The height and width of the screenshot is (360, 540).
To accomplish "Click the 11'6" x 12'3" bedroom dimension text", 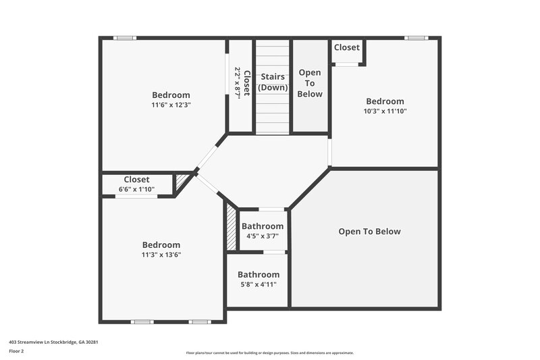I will (171, 105).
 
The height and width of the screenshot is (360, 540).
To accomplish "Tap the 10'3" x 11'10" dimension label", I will (385, 111).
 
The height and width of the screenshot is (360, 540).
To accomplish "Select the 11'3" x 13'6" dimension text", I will (161, 255).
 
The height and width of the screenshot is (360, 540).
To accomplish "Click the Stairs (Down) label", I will (272, 82).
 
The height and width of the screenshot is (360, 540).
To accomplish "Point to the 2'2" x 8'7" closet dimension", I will (238, 83).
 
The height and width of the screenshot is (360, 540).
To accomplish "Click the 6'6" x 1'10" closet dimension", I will (136, 189).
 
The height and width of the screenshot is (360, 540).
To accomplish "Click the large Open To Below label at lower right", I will (369, 232).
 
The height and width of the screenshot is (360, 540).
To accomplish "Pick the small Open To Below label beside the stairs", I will (310, 83).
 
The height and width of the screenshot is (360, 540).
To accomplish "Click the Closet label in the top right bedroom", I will (347, 47).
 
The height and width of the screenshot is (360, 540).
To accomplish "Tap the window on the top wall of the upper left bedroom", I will (125, 38).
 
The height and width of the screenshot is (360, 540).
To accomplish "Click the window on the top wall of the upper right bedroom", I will (416, 38).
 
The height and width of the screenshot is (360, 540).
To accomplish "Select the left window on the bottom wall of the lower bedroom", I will (142, 322).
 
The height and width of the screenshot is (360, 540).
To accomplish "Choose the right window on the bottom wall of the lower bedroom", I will (199, 322).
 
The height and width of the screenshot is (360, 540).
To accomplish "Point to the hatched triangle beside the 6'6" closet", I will (182, 181).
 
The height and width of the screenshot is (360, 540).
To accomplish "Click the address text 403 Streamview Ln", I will (47, 342).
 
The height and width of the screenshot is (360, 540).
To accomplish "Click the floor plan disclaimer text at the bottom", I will (269, 353).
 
